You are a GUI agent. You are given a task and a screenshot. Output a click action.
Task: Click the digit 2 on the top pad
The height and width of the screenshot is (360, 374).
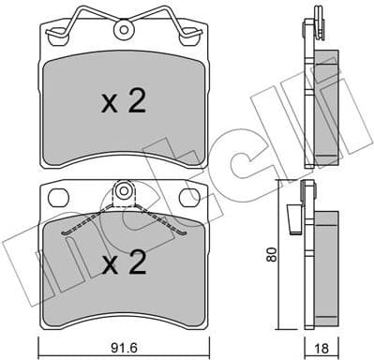point(137,103)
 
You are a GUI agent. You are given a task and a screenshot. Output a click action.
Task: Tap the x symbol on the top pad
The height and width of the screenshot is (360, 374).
point(110,105)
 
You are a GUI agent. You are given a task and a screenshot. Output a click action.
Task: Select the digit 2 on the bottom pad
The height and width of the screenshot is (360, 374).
point(137,263)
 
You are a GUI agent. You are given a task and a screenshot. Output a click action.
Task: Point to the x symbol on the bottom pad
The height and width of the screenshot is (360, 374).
point(110,265)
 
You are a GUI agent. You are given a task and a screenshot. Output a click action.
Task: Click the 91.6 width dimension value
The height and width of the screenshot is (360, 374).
point(127,346)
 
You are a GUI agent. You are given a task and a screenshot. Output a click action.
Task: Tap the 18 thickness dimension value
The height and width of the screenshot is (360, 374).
point(323,346)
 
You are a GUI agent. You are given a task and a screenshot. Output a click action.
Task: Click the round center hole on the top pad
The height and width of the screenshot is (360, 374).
point(123,30)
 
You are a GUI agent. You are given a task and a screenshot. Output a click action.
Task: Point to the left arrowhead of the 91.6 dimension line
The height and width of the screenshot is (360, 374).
point(44,335)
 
